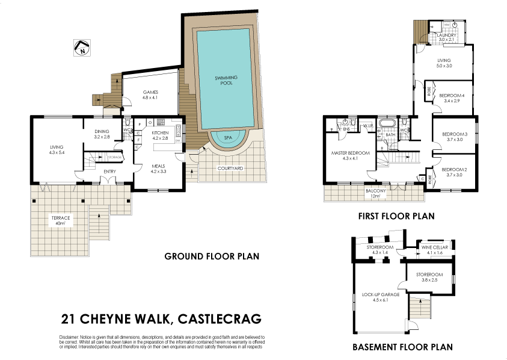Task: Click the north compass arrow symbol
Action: [x=81, y=48]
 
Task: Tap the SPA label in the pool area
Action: [x=228, y=137]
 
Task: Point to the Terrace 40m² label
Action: [x=60, y=220]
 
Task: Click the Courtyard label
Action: [x=230, y=169]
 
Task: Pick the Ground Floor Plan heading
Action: [x=212, y=256]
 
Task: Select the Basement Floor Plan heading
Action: [x=402, y=347]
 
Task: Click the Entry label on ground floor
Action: [x=109, y=172]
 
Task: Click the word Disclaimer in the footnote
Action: [x=70, y=337]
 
